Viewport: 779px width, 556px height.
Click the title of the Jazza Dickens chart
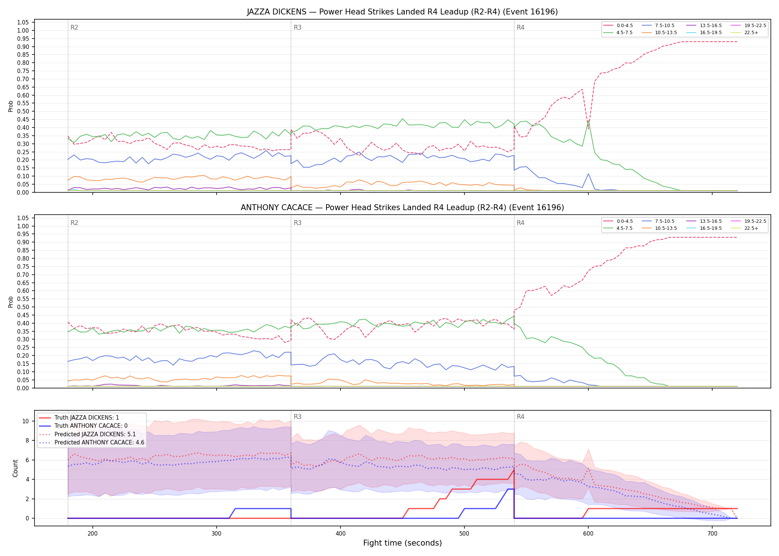click(402, 12)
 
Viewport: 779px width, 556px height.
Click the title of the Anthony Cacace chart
click(402, 208)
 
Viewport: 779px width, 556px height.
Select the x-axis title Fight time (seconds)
click(402, 543)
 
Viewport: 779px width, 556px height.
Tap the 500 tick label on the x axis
click(464, 533)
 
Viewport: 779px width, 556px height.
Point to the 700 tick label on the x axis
click(712, 533)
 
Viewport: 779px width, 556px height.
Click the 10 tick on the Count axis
click(26, 421)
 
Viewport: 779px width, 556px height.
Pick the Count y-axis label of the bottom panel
click(15, 468)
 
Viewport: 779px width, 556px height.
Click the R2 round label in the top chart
click(74, 27)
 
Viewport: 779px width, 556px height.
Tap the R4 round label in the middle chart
click(520, 223)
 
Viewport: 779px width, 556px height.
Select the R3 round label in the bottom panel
click(298, 417)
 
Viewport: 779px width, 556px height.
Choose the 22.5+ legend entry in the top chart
click(744, 33)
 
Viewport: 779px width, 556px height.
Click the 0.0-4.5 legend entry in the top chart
click(618, 26)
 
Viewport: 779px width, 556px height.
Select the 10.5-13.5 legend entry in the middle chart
click(659, 228)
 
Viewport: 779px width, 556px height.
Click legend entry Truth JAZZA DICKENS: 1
click(79, 418)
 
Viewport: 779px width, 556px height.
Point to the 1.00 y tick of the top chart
click(23, 31)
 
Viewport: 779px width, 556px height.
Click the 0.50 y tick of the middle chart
click(23, 307)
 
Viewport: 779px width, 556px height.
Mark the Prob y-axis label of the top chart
click(11, 106)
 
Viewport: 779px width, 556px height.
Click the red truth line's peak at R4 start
click(514, 470)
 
